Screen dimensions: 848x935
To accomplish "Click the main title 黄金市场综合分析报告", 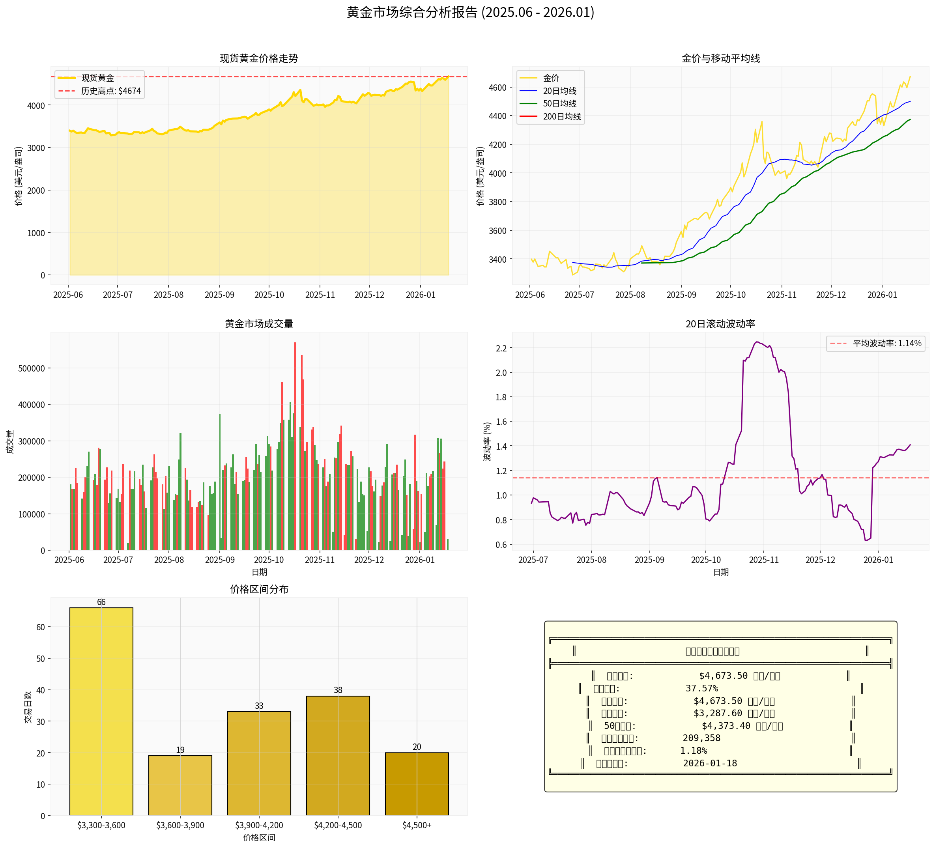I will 470,13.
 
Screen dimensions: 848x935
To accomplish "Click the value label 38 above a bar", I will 338,690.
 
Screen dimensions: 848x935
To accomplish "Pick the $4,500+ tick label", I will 417,825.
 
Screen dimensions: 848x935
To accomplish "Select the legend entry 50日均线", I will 559,104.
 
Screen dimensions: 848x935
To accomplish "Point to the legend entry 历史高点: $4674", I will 111,91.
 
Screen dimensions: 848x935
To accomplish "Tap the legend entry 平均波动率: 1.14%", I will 886,344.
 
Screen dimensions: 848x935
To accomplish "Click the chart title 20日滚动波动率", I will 720,324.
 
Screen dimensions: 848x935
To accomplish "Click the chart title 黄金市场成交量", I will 259,324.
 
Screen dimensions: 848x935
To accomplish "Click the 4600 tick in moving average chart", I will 497,88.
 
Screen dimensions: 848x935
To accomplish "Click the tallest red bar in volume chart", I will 295,445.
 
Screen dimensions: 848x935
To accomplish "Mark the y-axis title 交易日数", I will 28,708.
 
